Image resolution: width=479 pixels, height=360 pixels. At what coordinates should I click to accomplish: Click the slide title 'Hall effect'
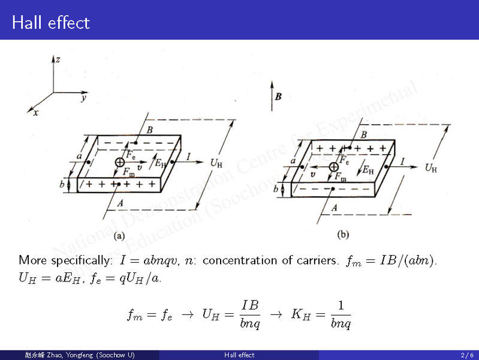click(50, 23)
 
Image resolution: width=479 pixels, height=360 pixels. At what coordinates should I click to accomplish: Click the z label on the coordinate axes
click(58, 59)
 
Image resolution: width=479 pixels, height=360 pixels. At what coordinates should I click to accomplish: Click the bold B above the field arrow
click(278, 97)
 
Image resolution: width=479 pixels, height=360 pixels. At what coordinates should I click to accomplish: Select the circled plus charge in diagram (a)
click(119, 162)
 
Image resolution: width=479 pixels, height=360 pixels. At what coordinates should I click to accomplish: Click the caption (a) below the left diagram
click(120, 236)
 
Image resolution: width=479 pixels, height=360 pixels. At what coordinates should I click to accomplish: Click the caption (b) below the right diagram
click(344, 235)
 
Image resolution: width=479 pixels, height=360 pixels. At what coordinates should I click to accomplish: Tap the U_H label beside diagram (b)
click(430, 167)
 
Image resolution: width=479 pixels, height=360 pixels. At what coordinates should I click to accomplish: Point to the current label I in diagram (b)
click(402, 161)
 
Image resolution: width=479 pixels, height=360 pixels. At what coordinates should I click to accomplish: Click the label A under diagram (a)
click(120, 203)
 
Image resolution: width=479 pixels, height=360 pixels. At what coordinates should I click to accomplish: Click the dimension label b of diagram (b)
click(276, 189)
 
